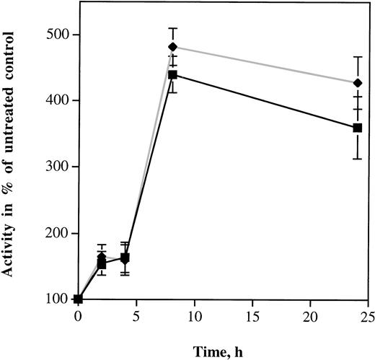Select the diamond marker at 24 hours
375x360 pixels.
[x=358, y=83]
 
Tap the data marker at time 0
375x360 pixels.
[x=79, y=299]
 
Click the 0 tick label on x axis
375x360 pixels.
[x=79, y=315]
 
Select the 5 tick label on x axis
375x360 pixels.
[x=136, y=315]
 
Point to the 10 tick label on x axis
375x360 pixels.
[x=195, y=315]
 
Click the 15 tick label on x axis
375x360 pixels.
[x=253, y=315]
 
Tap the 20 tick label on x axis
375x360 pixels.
[x=311, y=315]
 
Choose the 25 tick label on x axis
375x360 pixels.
[x=369, y=315]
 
